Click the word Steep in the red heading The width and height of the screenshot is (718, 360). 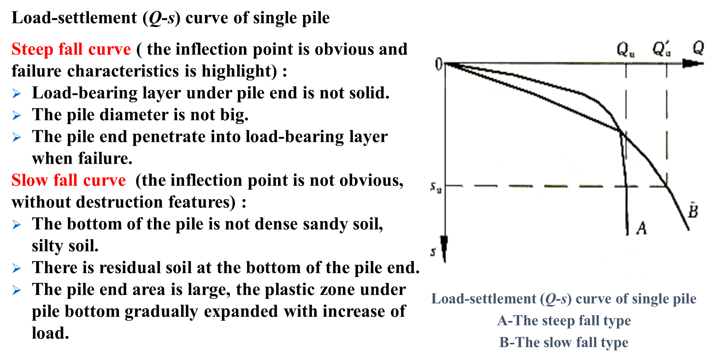32,49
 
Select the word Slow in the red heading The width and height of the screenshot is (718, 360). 29,180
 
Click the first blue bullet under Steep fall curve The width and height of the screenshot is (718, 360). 17,94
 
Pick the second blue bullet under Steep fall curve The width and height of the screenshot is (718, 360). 17,115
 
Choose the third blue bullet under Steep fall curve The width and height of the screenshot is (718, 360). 17,137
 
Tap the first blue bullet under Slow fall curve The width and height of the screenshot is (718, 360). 17,225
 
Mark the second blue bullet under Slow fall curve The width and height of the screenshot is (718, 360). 17,268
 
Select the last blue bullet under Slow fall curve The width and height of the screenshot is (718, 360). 17,290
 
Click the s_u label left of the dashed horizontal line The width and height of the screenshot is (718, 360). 436,189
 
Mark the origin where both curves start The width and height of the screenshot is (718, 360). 441,63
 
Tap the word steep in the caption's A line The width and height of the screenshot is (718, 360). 559,321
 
